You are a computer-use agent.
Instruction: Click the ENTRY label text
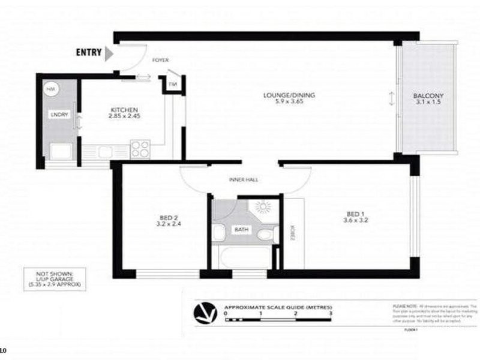pyautogui.click(x=88, y=52)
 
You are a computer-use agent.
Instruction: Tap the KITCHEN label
pyautogui.click(x=125, y=110)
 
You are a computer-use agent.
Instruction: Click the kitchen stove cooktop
pyautogui.click(x=140, y=148)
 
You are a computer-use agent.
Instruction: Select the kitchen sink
pyautogui.click(x=106, y=152)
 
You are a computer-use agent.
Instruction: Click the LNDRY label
pyautogui.click(x=59, y=115)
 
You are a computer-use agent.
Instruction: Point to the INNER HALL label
pyautogui.click(x=242, y=180)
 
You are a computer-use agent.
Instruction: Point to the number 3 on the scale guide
pyautogui.click(x=330, y=313)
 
